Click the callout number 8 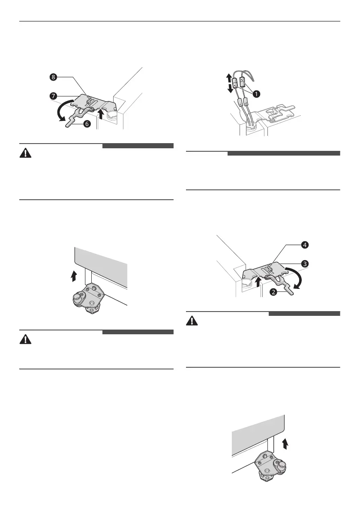53,78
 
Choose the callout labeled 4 304,246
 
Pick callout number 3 304,264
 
